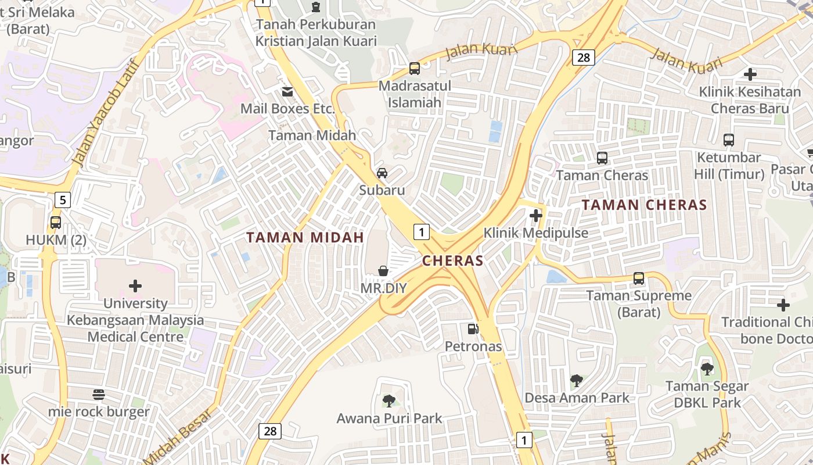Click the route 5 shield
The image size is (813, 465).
[x=63, y=201]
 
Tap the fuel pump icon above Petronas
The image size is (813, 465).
[x=473, y=329]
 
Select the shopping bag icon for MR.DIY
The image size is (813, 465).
[x=383, y=271]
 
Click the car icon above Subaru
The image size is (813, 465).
[x=382, y=173]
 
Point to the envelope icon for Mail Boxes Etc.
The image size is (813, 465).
[x=287, y=91]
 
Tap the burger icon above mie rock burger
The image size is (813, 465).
[x=99, y=395]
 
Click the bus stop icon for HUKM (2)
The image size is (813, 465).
[x=56, y=222]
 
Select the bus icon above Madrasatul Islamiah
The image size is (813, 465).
[x=415, y=68]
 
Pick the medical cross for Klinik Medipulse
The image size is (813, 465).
[x=536, y=216]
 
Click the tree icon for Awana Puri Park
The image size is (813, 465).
[x=389, y=400]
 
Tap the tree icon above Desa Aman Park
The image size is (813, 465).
[x=577, y=381]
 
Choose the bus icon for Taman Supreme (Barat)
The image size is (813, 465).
[x=639, y=278]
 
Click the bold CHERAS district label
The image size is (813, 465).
[x=453, y=261]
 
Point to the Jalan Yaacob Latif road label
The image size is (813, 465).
[x=105, y=113]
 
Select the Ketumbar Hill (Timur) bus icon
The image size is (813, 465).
[x=729, y=139]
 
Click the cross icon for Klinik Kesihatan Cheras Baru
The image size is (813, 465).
[x=750, y=74]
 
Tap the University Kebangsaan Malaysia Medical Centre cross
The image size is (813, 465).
[x=135, y=286]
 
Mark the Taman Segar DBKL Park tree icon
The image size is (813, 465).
[x=707, y=368]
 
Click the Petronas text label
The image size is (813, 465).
[x=473, y=346]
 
